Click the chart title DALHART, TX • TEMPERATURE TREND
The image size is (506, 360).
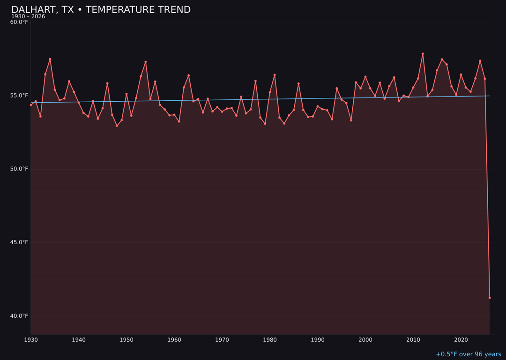pyautogui.click(x=101, y=10)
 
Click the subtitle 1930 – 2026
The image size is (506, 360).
pyautogui.click(x=28, y=17)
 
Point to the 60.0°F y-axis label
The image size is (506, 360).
pyautogui.click(x=19, y=22)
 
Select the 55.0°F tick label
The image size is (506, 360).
pyautogui.click(x=19, y=96)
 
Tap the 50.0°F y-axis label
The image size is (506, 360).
pyautogui.click(x=19, y=169)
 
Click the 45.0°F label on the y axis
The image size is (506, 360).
pyautogui.click(x=19, y=242)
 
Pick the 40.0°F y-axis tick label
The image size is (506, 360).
pyautogui.click(x=19, y=316)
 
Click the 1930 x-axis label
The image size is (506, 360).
pyautogui.click(x=30, y=340)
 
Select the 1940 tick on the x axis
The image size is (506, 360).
pyautogui.click(x=78, y=340)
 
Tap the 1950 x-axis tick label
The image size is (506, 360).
pyautogui.click(x=126, y=340)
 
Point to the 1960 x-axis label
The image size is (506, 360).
pyautogui.click(x=174, y=340)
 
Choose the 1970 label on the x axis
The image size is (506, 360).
pyautogui.click(x=222, y=340)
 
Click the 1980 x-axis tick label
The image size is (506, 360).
pyautogui.click(x=270, y=340)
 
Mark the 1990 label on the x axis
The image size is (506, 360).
pyautogui.click(x=318, y=340)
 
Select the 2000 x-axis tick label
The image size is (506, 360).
pyautogui.click(x=365, y=340)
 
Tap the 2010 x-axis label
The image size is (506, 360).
pyautogui.click(x=413, y=340)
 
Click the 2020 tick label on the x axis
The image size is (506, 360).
pyautogui.click(x=461, y=340)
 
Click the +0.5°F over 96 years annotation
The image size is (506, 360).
pyautogui.click(x=468, y=354)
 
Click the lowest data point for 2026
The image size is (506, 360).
pyautogui.click(x=490, y=298)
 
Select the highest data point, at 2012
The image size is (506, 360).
pyautogui.click(x=423, y=54)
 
